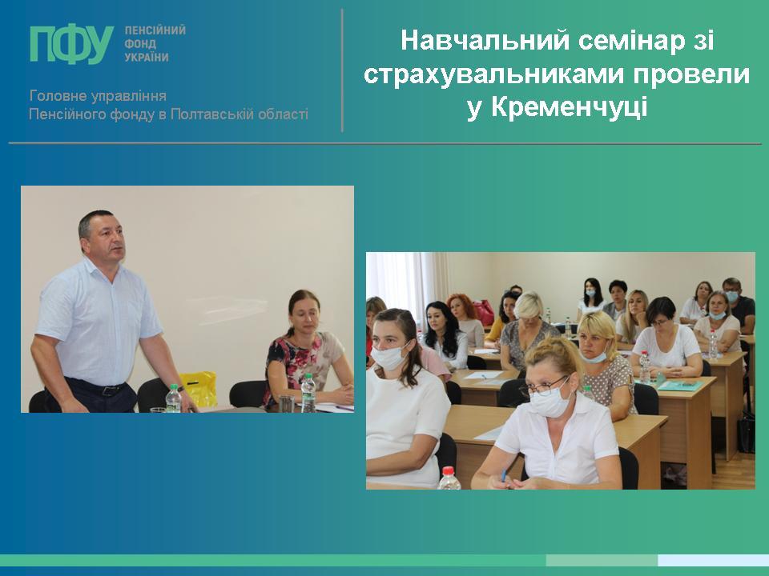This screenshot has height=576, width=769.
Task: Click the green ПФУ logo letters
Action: click(x=71, y=44)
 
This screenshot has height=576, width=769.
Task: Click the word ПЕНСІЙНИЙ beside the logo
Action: click(x=155, y=30)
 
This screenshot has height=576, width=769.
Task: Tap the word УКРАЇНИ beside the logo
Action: click(x=147, y=58)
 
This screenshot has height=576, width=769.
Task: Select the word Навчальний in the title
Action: click(x=485, y=41)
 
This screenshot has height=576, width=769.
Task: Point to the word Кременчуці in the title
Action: click(x=569, y=106)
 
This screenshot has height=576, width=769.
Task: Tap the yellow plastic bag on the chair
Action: click(x=198, y=389)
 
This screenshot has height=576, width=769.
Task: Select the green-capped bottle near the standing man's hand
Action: click(x=173, y=398)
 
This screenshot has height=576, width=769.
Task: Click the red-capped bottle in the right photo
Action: click(x=449, y=478)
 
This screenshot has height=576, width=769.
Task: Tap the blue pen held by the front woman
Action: click(x=503, y=475)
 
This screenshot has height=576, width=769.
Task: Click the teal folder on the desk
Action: click(x=679, y=386)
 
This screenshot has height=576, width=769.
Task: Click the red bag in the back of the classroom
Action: click(x=484, y=313)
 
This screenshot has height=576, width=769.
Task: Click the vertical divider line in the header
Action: click(x=342, y=70)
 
